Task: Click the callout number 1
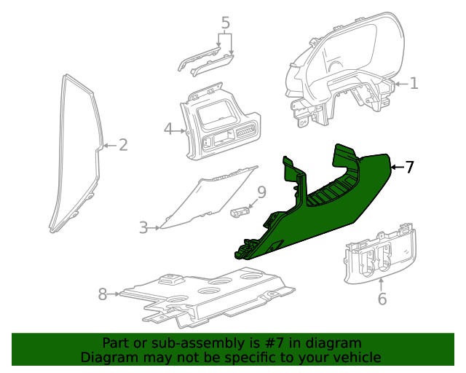point(414,84)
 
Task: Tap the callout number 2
point(123,145)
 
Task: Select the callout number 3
point(143,228)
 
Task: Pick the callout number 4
point(168,130)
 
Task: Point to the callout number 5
point(226,23)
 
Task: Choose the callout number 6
point(382,298)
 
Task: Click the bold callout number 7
point(409,168)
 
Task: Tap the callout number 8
point(103,294)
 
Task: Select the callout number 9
point(261,193)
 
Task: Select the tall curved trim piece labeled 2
point(76,153)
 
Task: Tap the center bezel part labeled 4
point(218,124)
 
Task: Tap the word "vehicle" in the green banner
point(354,357)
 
